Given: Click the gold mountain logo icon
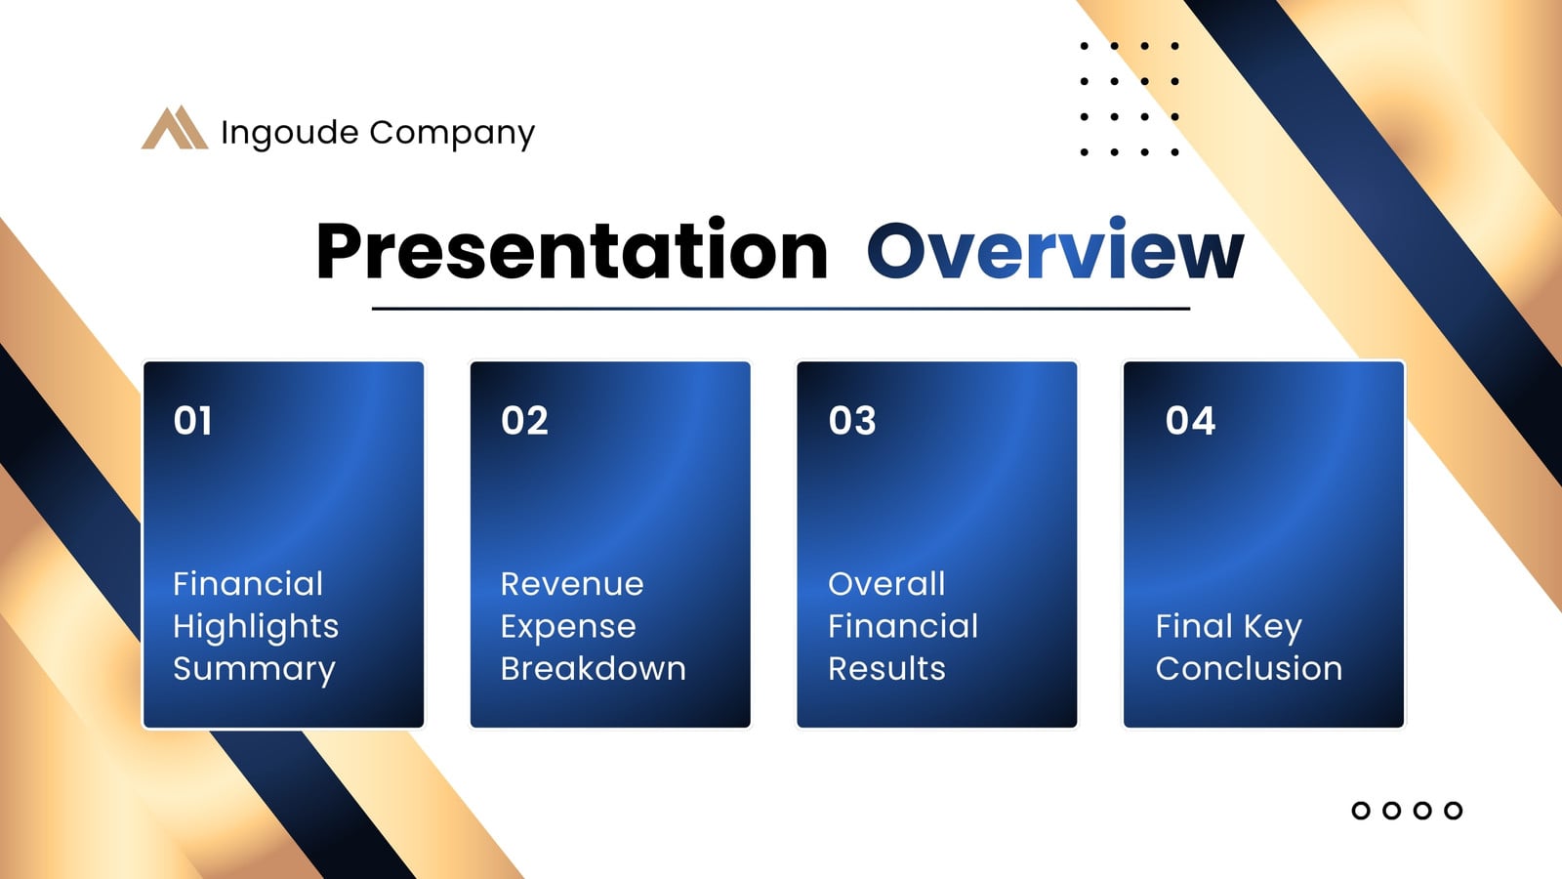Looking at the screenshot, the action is coord(175,127).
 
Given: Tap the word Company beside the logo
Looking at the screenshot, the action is coord(452,133).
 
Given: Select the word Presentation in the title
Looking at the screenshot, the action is coord(572,250).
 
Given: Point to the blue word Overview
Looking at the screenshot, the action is coord(1055,248).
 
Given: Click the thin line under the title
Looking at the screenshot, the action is coord(780,309).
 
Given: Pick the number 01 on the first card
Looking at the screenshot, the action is coord(192,421).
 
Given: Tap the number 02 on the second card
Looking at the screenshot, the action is coord(524,421).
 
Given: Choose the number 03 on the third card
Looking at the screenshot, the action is coord(852,421).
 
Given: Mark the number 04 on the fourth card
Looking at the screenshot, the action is coord(1190,421).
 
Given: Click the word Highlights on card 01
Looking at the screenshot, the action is coord(256,627).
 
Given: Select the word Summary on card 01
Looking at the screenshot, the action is coord(255,670).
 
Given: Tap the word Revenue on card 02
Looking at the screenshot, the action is coord(572,584).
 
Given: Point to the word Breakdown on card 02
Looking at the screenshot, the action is coord(594,668).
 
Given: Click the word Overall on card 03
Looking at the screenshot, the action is coord(886,584).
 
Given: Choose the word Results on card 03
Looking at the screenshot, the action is coord(887,668).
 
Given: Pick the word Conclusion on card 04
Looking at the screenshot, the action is coord(1249,668).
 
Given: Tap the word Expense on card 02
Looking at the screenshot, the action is coord(568,627).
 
